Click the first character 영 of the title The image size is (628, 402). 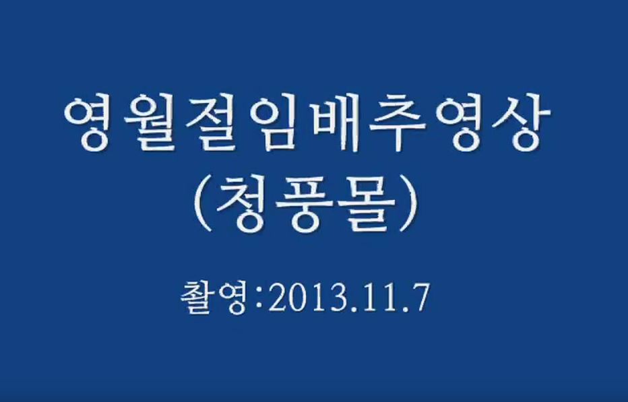tap(88, 124)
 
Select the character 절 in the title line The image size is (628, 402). tap(211, 124)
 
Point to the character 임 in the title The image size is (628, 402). tap(272, 124)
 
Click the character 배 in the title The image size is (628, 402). tap(334, 124)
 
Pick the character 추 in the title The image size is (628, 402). tap(396, 124)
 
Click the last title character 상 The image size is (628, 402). tap(520, 124)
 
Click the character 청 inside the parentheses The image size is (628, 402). tap(243, 203)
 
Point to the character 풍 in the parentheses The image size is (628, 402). tap(305, 204)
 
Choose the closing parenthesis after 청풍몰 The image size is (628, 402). tap(409, 203)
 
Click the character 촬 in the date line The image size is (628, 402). tap(196, 298)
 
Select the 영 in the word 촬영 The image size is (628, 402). tap(231, 299)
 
